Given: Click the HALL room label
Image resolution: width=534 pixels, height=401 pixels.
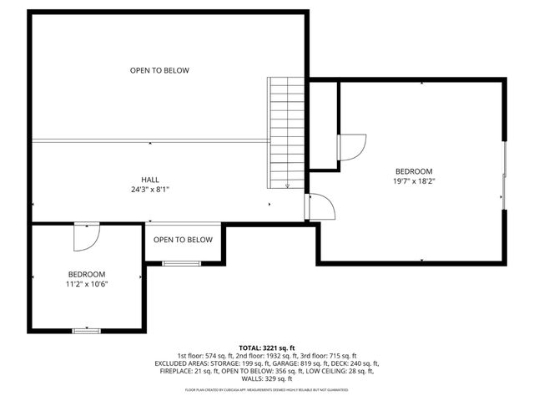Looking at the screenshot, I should [x=150, y=180].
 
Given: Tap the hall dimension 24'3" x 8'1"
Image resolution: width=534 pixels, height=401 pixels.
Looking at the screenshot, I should [x=150, y=190].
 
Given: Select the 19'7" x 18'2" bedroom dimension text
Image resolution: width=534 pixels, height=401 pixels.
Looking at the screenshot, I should [x=415, y=180].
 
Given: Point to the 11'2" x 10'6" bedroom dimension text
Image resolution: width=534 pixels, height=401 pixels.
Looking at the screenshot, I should [x=87, y=284].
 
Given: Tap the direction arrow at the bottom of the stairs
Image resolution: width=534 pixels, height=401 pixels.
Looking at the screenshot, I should [x=287, y=185].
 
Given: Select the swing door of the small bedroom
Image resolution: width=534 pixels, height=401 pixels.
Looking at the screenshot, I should [x=86, y=236].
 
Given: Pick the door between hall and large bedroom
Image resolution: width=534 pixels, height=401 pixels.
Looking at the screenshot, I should [x=321, y=206].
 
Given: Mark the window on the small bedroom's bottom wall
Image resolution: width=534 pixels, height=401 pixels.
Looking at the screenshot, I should [x=86, y=331].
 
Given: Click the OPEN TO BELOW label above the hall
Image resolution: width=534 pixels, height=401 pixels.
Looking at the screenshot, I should [x=159, y=70].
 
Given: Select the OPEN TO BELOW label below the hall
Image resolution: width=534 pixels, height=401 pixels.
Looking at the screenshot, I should [x=183, y=240].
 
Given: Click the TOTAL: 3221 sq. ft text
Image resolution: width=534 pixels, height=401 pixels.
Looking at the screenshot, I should [x=267, y=348].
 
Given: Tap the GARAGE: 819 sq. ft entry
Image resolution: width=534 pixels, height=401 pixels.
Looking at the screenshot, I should [x=308, y=364].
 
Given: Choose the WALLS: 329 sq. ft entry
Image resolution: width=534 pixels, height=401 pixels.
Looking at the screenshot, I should [x=267, y=379].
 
